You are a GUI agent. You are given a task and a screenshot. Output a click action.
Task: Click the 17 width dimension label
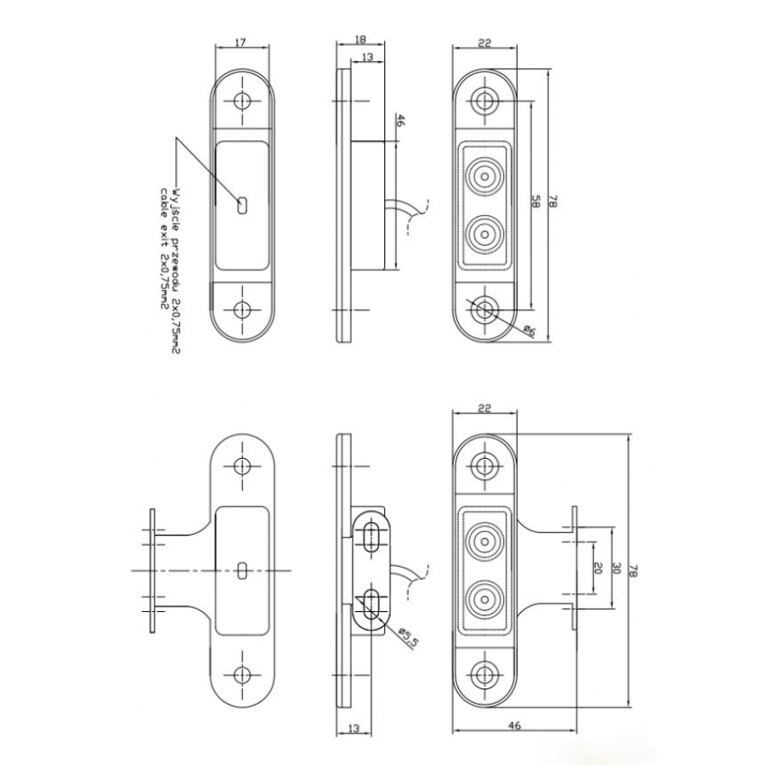242,42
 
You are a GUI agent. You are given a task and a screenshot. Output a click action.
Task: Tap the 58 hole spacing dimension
536,201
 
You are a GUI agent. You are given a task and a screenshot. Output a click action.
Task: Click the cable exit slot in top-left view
243,204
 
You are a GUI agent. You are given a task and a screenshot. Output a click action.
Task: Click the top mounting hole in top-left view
243,100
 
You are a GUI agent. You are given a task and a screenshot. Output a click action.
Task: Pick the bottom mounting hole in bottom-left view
243,675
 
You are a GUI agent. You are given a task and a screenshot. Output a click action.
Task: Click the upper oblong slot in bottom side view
371,538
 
